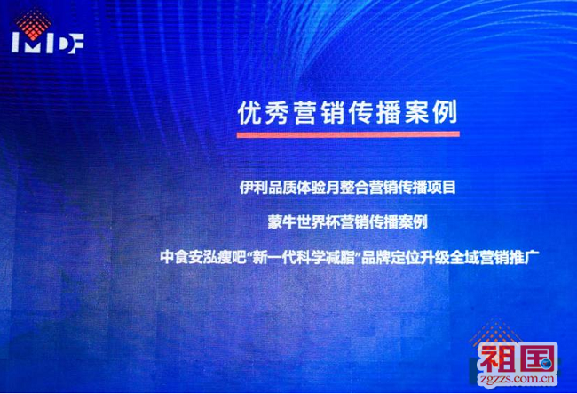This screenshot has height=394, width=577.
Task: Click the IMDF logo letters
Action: [x=48, y=44]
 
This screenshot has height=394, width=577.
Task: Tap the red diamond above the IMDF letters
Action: [x=33, y=24]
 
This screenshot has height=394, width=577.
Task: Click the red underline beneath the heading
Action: [x=348, y=134]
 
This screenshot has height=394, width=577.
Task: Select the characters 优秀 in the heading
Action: [x=264, y=112]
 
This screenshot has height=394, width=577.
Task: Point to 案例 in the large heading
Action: [x=431, y=112]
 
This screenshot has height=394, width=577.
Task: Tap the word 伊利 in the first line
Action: [x=254, y=188]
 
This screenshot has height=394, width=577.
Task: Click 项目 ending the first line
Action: [x=442, y=188]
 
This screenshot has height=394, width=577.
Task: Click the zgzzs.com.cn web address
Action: [x=517, y=379]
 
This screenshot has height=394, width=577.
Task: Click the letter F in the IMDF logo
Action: [x=76, y=44]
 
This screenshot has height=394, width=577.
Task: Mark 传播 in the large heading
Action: [x=375, y=112]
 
